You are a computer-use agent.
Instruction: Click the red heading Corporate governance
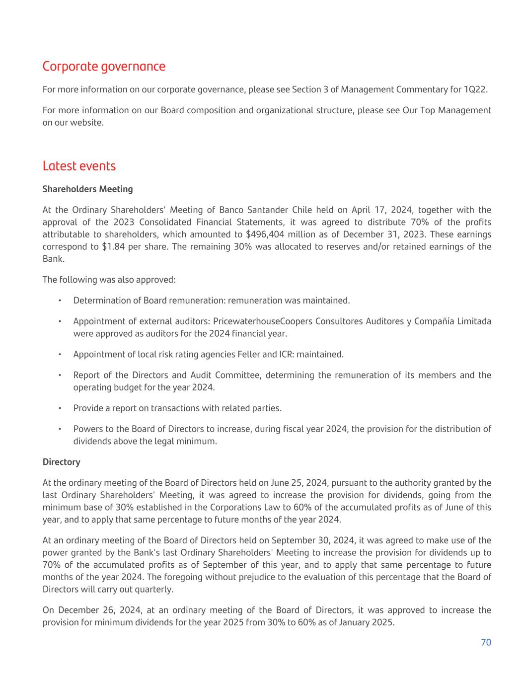[x=104, y=67]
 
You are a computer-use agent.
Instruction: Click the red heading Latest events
[x=79, y=166]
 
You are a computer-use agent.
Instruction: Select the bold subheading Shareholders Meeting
[x=87, y=189]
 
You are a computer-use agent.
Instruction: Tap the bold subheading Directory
[x=61, y=462]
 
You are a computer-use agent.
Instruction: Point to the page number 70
[x=486, y=642]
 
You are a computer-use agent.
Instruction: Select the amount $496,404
[x=265, y=234]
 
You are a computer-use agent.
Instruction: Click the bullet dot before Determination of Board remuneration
[x=59, y=301]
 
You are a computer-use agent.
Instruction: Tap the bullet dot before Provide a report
[x=59, y=408]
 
